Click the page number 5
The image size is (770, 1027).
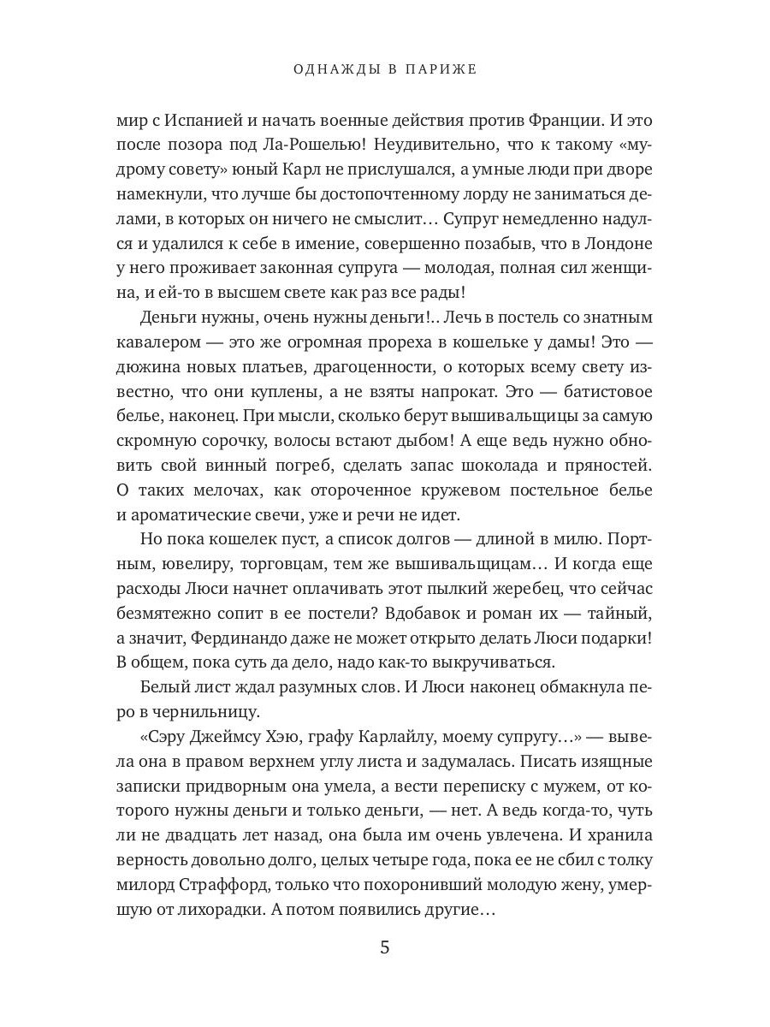384,948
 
